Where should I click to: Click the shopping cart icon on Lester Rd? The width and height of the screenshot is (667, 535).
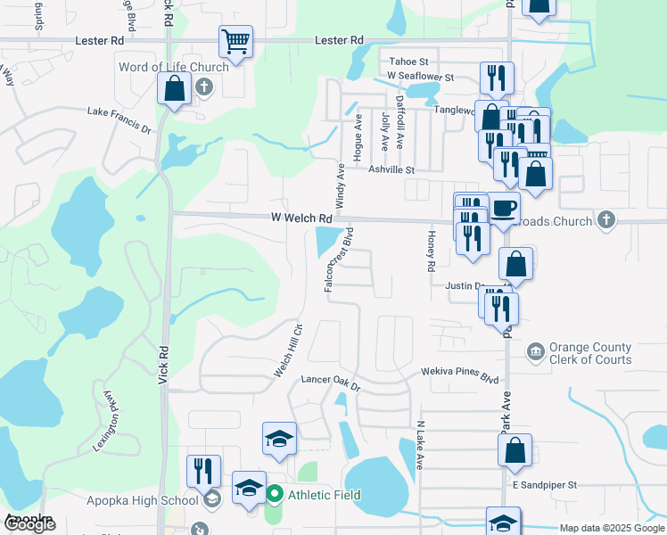click(x=235, y=40)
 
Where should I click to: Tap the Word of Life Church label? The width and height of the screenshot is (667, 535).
click(x=174, y=67)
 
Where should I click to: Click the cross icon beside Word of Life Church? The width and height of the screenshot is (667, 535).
click(x=204, y=87)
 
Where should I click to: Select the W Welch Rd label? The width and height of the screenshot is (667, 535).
click(x=302, y=218)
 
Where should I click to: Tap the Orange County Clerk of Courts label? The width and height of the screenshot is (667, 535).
click(x=590, y=354)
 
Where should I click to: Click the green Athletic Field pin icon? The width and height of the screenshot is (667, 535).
click(x=276, y=493)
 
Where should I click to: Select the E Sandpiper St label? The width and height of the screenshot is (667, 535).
click(x=545, y=485)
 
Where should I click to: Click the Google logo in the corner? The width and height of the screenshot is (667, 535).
click(x=29, y=524)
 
